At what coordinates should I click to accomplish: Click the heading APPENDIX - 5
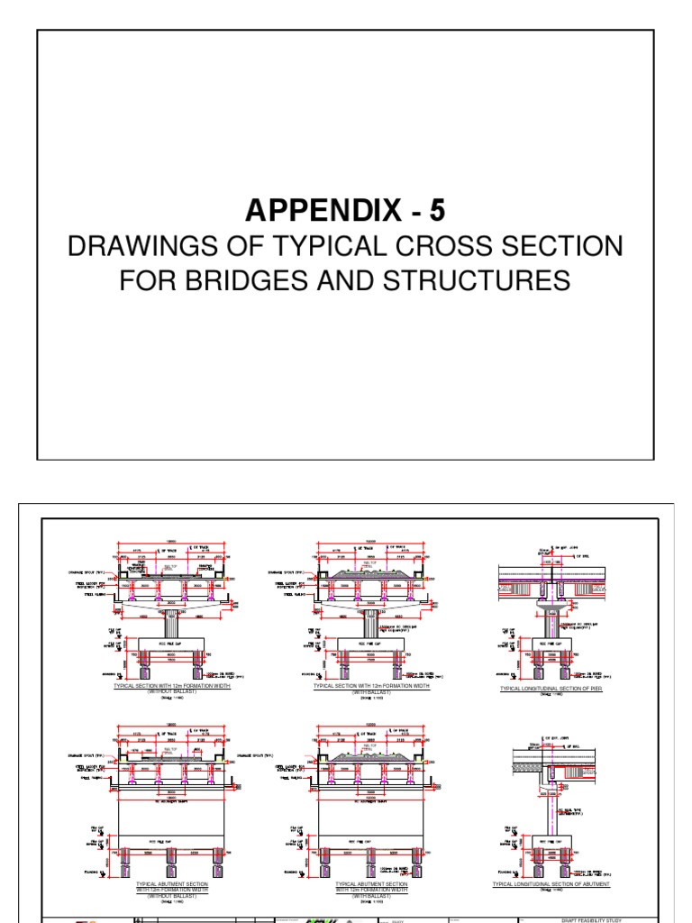[x=345, y=210]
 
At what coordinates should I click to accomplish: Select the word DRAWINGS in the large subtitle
[x=137, y=246]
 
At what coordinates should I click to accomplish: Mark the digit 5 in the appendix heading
[x=436, y=210]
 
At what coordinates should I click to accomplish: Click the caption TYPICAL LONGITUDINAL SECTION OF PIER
[x=551, y=689]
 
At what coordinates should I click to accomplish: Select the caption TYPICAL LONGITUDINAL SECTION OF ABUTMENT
[x=551, y=884]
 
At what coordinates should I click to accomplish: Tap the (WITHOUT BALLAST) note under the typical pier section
[x=170, y=691]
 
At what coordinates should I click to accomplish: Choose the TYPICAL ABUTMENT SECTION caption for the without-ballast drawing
[x=171, y=884]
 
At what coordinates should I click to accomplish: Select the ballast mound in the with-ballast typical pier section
[x=369, y=571]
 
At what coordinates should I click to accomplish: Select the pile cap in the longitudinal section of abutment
[x=550, y=837]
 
